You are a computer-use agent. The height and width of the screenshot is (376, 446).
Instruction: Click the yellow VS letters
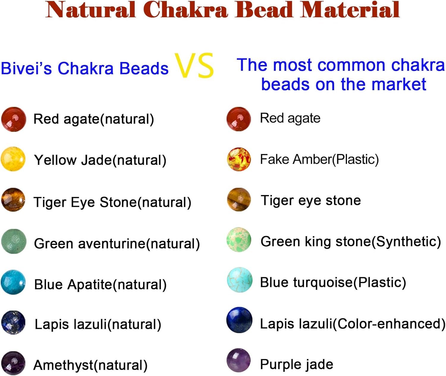point(194,65)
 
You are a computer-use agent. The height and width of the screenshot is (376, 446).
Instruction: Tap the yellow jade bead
point(13,159)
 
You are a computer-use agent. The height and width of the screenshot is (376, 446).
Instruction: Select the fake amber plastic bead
point(239,159)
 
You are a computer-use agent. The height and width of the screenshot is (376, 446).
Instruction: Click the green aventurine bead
point(14,241)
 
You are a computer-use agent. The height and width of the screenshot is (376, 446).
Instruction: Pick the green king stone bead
point(239,240)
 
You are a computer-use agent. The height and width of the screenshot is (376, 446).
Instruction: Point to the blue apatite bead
point(13,282)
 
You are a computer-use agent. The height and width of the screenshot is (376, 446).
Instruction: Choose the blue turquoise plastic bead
point(239,280)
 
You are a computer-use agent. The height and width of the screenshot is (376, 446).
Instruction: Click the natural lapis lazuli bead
point(13,323)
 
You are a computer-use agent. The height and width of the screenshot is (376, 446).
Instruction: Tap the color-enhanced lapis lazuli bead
point(239,320)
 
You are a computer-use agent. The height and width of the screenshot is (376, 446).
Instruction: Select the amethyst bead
point(13,363)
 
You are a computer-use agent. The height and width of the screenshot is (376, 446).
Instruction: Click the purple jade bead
point(238,361)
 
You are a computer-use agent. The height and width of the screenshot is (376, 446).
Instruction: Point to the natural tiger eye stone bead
point(13,199)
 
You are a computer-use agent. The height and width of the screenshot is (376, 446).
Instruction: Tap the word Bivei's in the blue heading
point(26,68)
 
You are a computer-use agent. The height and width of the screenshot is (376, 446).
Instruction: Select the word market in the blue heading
point(399,84)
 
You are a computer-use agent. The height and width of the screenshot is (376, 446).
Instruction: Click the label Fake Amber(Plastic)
point(319,160)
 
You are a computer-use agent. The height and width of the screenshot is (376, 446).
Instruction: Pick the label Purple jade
point(296,364)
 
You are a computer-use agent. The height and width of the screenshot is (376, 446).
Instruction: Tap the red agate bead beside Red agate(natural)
point(14,119)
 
